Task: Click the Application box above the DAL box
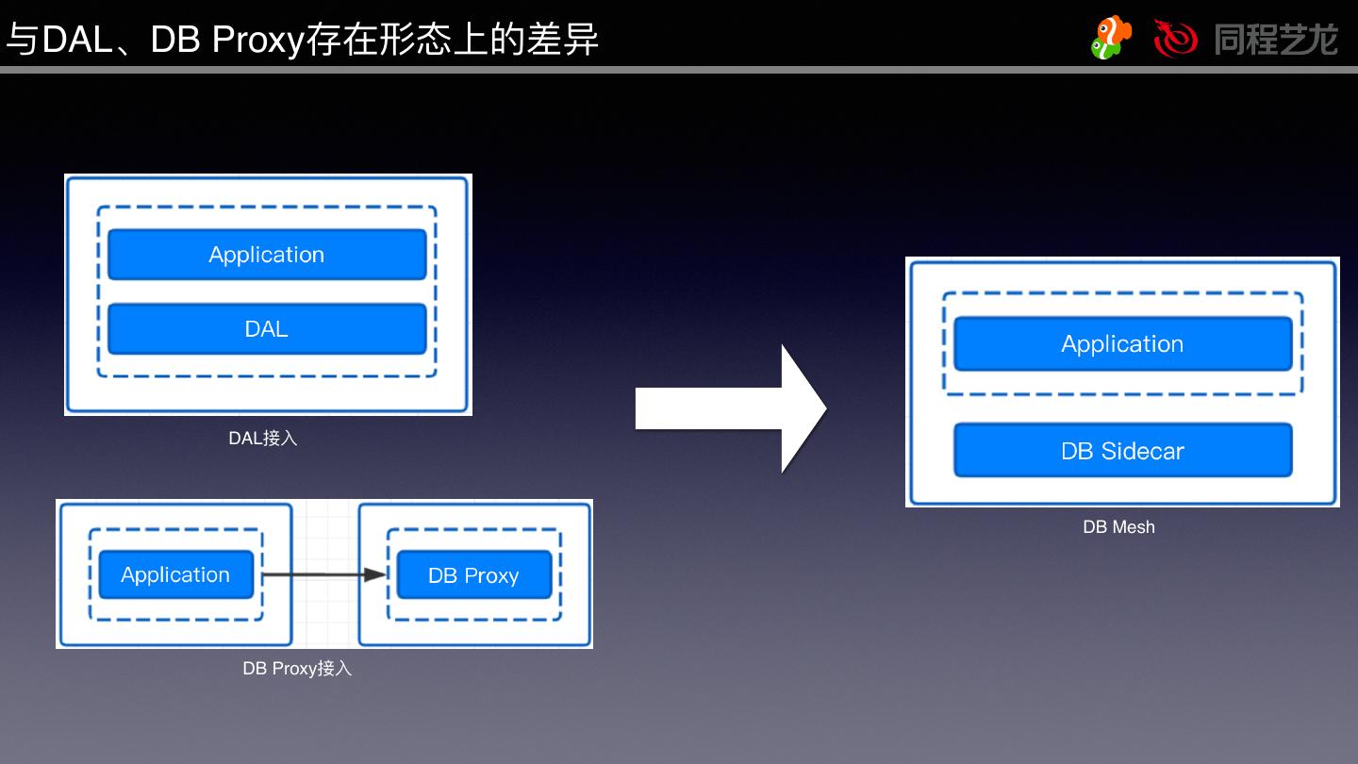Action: (x=267, y=255)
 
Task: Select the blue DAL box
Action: (x=267, y=329)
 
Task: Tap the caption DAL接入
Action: (x=263, y=439)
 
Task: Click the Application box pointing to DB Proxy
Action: (x=176, y=574)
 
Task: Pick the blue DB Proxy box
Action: (x=473, y=575)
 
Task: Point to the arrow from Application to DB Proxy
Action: (x=321, y=574)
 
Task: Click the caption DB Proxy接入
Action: (x=297, y=669)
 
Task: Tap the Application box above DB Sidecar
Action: (x=1122, y=344)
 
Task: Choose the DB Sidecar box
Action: (x=1122, y=451)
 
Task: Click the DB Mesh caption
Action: (x=1118, y=527)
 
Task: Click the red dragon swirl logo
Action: (x=1175, y=38)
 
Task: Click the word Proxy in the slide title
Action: (x=256, y=41)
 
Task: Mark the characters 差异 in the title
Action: (x=565, y=41)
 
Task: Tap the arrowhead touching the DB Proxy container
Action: (x=377, y=574)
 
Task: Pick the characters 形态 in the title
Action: (x=414, y=41)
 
